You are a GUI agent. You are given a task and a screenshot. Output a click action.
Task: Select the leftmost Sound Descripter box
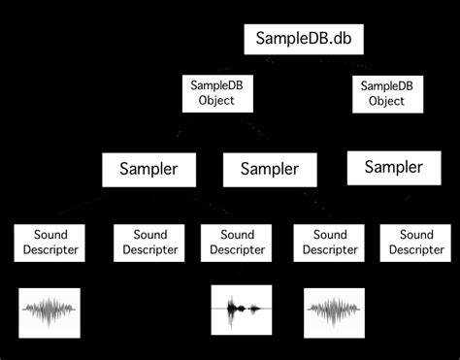tap(49, 243)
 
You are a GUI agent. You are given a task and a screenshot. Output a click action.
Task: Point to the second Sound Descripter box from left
tap(149, 243)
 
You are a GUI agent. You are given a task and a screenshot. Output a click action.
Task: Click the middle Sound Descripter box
tap(236, 243)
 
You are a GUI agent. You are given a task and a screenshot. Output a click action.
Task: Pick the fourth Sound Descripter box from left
tap(327, 243)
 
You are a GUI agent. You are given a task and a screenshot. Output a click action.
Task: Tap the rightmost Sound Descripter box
tap(416, 243)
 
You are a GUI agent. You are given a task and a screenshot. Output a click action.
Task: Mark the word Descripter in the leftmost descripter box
tap(49, 251)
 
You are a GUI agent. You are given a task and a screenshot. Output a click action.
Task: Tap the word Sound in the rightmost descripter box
tap(416, 235)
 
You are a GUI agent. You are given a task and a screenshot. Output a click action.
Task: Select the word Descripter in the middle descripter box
tap(236, 251)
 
